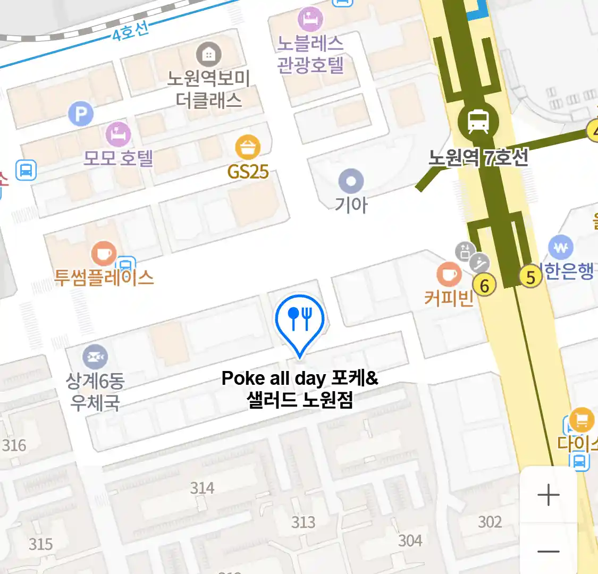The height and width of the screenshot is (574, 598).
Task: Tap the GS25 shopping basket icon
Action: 248,147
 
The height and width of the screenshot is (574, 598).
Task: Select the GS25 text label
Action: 248,172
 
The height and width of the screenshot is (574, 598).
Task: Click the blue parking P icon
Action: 81,113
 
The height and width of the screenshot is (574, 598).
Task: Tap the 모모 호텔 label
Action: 119,157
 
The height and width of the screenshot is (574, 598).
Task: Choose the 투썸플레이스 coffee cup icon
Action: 104,254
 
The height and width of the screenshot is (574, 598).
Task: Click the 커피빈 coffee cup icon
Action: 449,274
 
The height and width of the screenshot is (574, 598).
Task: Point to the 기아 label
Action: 351,204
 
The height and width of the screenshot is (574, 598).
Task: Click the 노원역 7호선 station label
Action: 478,157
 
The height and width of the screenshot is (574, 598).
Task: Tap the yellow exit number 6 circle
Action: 484,285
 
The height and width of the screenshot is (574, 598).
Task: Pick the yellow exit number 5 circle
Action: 530,277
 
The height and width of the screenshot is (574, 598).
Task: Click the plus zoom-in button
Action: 548,495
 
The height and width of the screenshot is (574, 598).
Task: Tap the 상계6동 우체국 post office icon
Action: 95,356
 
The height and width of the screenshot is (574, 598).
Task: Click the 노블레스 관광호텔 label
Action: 310,54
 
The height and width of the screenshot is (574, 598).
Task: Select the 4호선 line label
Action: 130,31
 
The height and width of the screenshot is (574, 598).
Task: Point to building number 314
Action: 203,488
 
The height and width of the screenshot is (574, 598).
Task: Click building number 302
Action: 490,522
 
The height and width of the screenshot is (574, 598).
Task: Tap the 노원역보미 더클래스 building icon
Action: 208,54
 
